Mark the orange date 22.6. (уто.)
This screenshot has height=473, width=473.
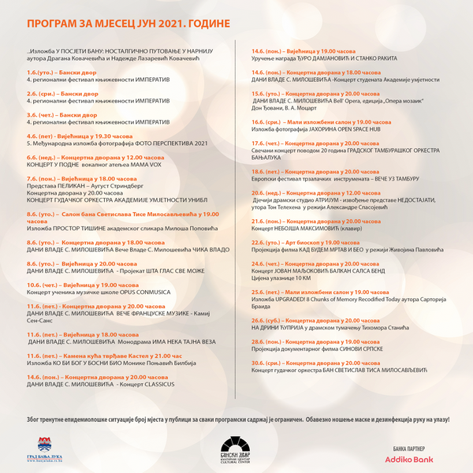(x=266, y=242)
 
